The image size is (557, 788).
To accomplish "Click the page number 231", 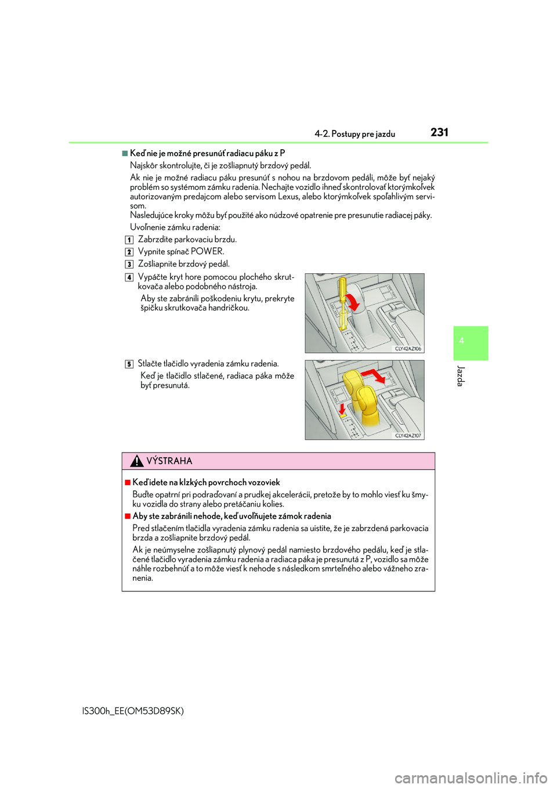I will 439,132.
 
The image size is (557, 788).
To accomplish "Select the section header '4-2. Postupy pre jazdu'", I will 355,134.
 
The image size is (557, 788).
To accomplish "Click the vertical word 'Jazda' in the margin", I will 461,376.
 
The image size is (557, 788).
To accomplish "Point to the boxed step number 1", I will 129,240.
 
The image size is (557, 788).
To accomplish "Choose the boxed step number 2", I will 129,252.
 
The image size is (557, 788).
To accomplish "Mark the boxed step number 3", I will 129,264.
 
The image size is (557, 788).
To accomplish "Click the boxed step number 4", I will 129,277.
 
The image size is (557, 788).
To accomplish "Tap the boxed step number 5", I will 129,364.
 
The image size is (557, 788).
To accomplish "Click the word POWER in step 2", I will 207,251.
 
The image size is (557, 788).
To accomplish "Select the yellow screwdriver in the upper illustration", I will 343,302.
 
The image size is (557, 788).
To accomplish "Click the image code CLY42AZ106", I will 408,349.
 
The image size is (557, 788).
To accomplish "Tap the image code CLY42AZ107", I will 408,435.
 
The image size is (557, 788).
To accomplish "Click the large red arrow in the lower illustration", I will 374,375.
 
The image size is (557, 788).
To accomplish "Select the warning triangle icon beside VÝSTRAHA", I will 136,461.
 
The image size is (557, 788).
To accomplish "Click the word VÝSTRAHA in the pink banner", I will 169,461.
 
